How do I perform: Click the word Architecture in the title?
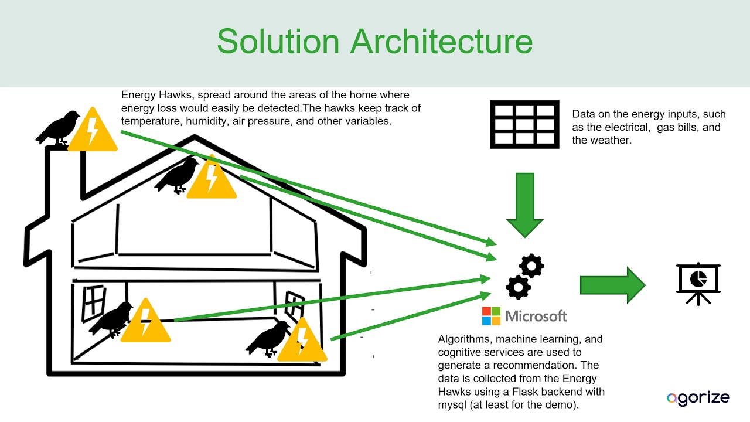tap(441, 41)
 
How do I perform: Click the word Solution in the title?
tap(278, 41)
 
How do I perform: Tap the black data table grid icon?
tap(524, 124)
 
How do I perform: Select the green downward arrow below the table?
tap(524, 205)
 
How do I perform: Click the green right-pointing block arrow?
tap(613, 285)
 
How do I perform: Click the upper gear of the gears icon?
tap(531, 266)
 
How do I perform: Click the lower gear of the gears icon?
tap(519, 287)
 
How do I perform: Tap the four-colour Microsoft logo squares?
tap(491, 316)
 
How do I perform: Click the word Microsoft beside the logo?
tap(536, 316)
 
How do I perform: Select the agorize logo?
tap(698, 398)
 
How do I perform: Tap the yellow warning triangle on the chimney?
tap(93, 130)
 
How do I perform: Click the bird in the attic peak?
tap(177, 176)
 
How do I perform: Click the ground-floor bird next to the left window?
tap(111, 319)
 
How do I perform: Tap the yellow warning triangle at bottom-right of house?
tap(302, 339)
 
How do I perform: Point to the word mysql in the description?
tap(452, 405)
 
